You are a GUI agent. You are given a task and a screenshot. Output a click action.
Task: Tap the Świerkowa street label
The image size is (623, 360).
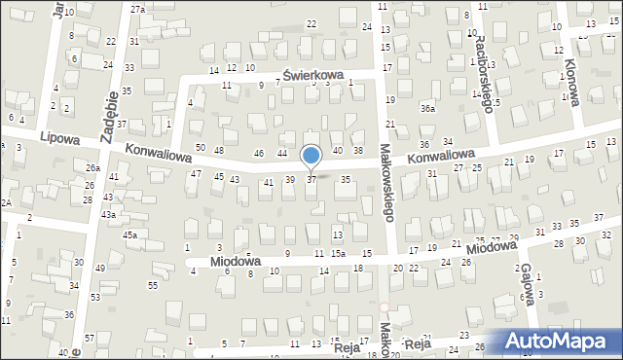click(314, 75)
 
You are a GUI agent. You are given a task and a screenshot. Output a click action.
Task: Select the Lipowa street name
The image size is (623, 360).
click(60, 140)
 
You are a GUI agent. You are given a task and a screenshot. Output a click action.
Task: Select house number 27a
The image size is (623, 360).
click(137, 9)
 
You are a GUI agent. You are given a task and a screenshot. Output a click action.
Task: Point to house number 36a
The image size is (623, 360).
click(427, 109)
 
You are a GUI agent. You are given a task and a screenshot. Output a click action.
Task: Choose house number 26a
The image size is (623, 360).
click(92, 167)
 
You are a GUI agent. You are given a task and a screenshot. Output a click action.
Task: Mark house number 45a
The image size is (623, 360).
click(129, 234)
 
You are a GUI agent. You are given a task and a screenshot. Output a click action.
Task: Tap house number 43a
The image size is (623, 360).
click(109, 214)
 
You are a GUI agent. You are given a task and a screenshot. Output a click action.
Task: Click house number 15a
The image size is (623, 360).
click(337, 253)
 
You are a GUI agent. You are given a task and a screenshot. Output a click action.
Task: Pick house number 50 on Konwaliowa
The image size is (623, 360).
click(201, 148)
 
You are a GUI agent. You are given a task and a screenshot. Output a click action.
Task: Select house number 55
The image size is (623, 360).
click(153, 284)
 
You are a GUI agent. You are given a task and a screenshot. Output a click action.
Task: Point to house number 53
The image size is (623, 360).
click(95, 297)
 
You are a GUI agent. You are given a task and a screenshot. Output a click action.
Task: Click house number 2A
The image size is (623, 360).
click(5, 202)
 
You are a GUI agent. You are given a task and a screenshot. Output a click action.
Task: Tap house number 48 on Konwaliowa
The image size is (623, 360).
click(219, 150)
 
